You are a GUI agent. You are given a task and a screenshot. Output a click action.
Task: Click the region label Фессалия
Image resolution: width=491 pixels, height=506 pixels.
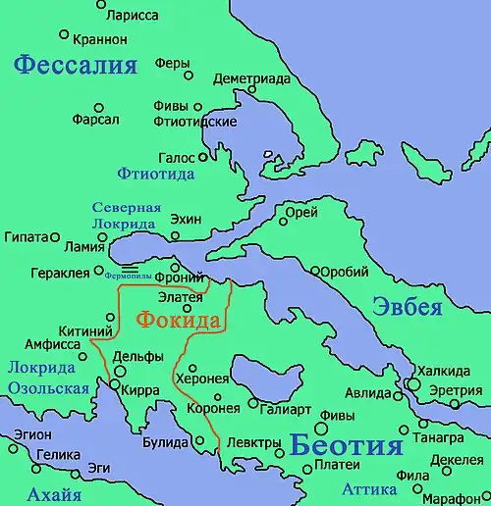(76, 67)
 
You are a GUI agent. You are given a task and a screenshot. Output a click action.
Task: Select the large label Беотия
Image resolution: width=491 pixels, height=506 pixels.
(347, 446)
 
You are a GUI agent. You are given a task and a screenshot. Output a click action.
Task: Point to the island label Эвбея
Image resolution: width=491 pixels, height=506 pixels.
(408, 306)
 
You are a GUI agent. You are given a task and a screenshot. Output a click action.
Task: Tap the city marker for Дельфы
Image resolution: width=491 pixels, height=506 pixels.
(121, 372)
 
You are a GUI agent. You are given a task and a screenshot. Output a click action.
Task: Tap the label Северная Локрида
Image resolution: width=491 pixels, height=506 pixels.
(126, 215)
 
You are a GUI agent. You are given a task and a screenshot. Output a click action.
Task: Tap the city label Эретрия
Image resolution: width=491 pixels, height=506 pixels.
(457, 390)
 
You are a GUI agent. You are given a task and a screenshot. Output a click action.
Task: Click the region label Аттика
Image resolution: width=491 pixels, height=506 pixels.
(369, 488)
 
